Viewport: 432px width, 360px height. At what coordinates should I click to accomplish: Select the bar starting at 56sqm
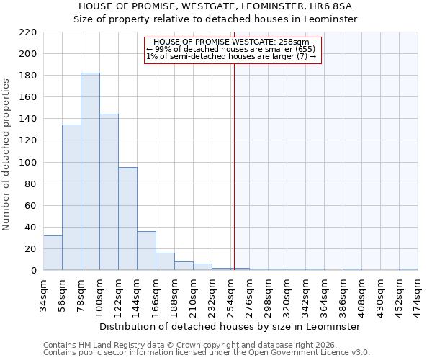[x=71, y=197]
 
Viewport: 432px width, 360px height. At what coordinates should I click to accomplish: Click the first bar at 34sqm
[x=53, y=253]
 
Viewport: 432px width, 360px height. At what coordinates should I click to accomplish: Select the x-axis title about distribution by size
[x=230, y=326]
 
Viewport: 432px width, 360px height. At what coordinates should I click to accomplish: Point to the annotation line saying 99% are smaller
[x=230, y=49]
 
